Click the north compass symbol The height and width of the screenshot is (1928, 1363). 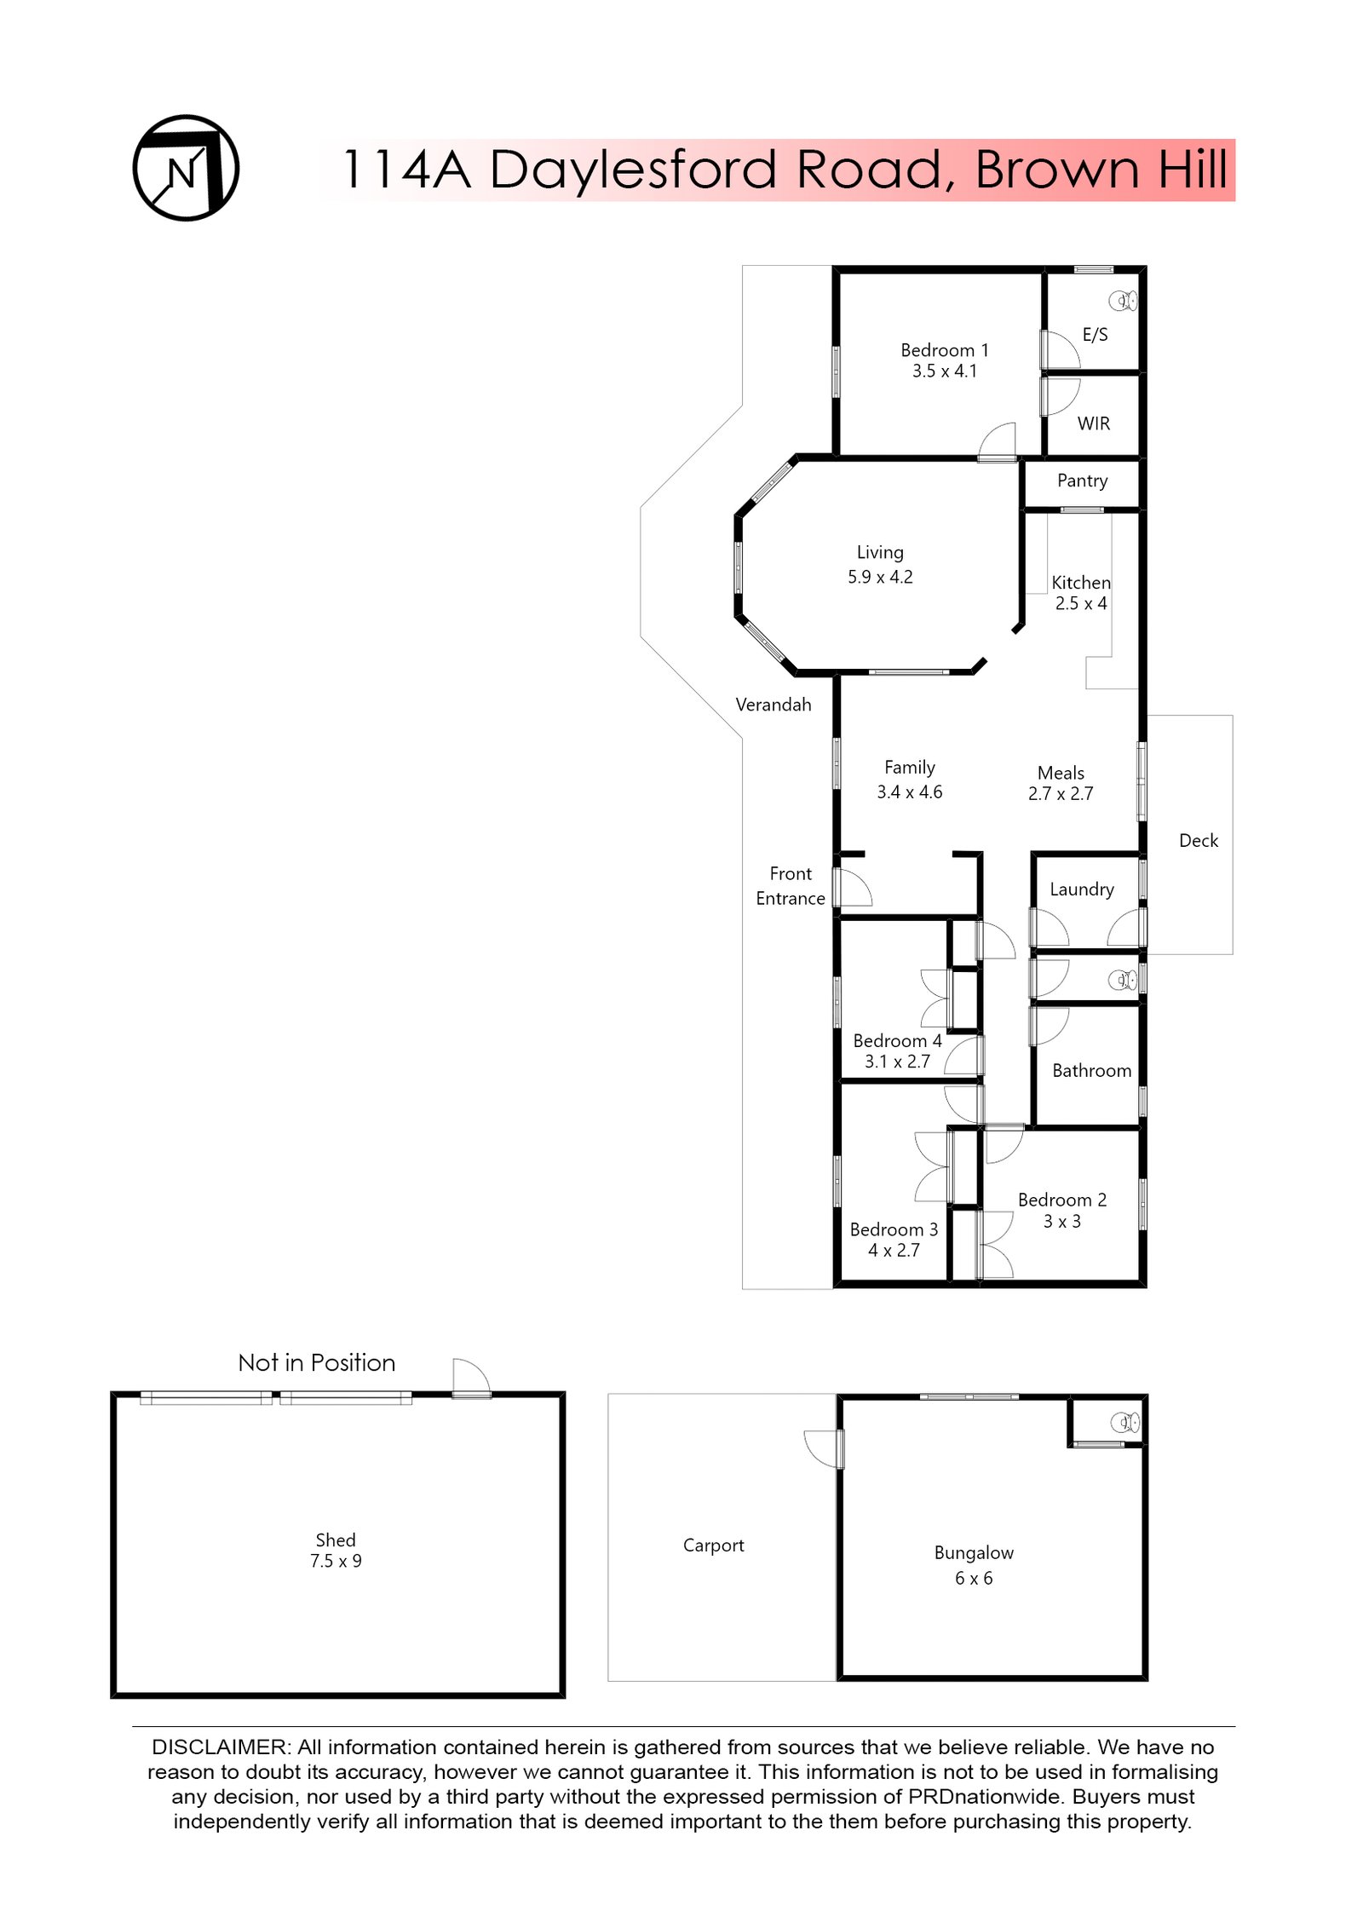tap(186, 168)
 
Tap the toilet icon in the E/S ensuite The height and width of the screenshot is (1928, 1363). tap(1122, 301)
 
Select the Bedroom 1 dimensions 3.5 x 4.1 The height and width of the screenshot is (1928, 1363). tap(944, 371)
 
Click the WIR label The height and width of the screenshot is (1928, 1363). tap(1093, 423)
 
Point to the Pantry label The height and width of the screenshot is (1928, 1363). tap(1082, 481)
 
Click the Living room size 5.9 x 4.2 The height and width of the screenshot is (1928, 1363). tap(880, 577)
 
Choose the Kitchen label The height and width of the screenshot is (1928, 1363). tap(1080, 583)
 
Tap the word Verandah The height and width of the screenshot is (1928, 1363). tap(773, 705)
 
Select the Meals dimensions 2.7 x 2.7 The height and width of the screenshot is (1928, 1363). tap(1060, 794)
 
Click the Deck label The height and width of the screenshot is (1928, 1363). tap(1198, 841)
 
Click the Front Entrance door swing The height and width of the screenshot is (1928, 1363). tap(854, 887)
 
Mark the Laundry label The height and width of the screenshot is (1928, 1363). tap(1081, 889)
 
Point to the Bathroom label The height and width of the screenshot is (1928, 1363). tap(1091, 1071)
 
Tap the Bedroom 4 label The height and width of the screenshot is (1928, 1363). tap(897, 1041)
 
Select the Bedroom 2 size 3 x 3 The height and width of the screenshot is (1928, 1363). tap(1061, 1222)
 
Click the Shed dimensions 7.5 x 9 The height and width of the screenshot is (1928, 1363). tap(336, 1562)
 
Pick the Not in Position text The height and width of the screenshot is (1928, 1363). tap(316, 1363)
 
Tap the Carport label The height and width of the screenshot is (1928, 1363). tap(713, 1545)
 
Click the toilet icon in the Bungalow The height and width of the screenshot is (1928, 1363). tap(1124, 1422)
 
